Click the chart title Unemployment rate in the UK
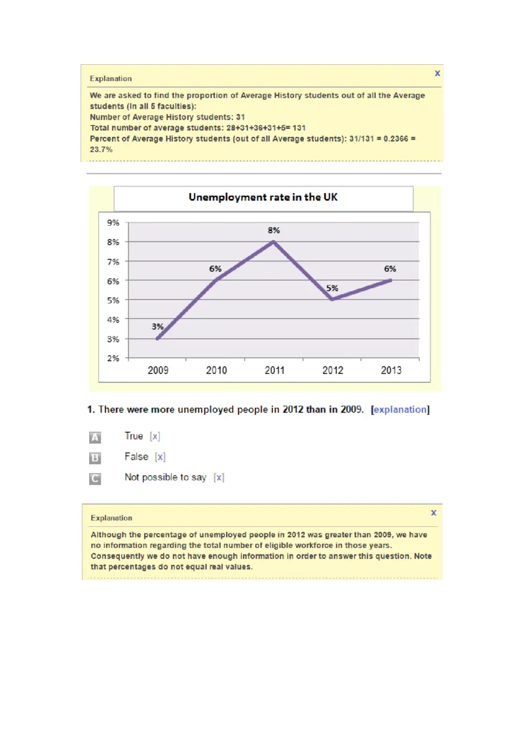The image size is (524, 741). click(263, 197)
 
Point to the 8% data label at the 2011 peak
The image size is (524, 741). click(274, 230)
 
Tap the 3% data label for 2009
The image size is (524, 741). click(158, 327)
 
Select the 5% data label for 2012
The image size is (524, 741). click(332, 288)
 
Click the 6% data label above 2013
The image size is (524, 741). click(390, 268)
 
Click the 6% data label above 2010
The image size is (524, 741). click(215, 268)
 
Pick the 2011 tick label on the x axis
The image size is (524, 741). click(274, 370)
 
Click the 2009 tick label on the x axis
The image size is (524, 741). click(158, 370)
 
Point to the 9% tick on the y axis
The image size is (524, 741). click(113, 223)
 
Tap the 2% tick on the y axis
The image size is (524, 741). click(113, 358)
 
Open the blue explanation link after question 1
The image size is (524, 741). click(400, 410)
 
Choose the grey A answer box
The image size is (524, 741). click(95, 437)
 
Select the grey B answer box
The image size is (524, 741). click(95, 458)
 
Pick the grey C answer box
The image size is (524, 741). click(95, 479)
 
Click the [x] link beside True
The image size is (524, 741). click(155, 437)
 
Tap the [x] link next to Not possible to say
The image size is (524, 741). click(219, 478)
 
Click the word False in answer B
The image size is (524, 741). click(136, 457)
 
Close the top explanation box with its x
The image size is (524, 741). click(437, 73)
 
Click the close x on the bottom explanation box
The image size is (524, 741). click(433, 513)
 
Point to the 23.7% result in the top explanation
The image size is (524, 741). click(101, 149)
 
